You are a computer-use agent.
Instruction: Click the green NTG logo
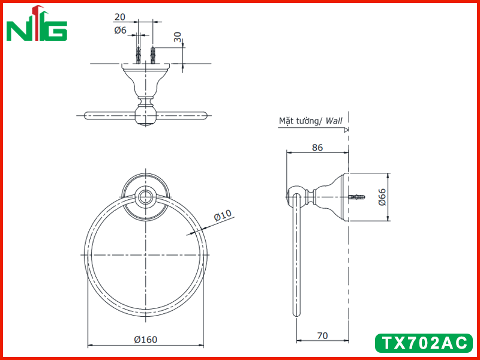point(37,23)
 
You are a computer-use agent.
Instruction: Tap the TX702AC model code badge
point(424,343)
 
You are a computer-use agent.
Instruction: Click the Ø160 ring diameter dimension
point(146,339)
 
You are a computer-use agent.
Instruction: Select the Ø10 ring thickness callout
point(223,215)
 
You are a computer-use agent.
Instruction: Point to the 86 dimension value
point(317,148)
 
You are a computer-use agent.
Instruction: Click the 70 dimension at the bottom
point(322,336)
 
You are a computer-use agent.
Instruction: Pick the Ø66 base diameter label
point(383,197)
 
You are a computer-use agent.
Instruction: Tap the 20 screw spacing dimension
point(119,17)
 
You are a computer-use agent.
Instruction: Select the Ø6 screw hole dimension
point(121,30)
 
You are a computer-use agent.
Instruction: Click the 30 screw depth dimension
point(178,37)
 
